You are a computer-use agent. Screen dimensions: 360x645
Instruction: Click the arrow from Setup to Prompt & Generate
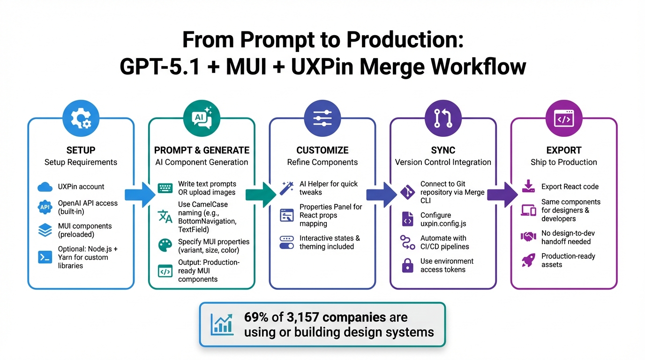pos(140,194)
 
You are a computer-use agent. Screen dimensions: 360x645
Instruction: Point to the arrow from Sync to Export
pos(502,194)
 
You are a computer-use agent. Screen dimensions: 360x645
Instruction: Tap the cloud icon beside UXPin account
pos(45,187)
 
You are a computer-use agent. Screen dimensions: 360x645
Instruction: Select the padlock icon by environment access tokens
pos(408,266)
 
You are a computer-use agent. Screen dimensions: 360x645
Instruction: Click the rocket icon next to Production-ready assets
pos(528,260)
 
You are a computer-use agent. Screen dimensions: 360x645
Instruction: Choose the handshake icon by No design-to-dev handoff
pos(528,237)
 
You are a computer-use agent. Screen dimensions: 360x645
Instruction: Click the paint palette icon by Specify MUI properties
pos(165,246)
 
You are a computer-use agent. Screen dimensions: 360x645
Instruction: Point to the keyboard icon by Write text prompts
pos(165,188)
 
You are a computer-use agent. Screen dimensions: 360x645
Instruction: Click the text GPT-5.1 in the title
pos(160,67)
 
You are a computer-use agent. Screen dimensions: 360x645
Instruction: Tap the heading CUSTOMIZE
pos(322,150)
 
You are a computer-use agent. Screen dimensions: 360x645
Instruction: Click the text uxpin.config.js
pos(443,224)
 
